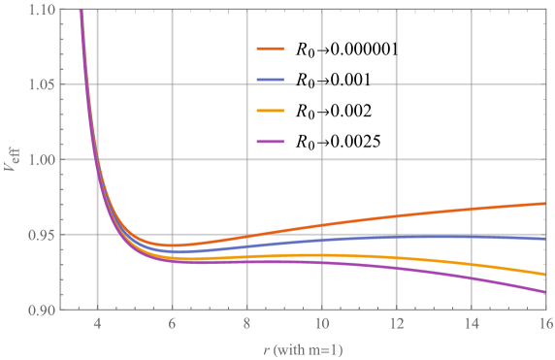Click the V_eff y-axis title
[12, 159]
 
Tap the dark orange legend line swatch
[271, 48]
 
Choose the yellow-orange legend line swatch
[271, 111]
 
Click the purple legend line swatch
[271, 143]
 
